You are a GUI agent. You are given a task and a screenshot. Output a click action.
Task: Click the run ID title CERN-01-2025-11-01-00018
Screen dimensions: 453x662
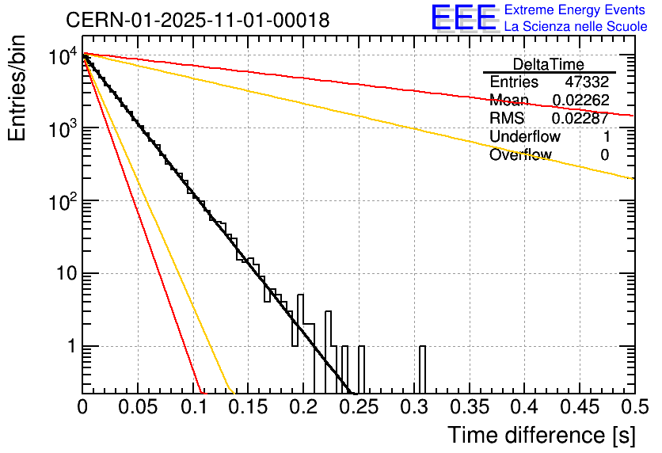(198, 21)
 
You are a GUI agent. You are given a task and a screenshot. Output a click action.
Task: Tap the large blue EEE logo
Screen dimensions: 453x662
(463, 18)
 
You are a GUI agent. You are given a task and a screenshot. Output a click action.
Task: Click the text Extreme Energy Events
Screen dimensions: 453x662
(575, 10)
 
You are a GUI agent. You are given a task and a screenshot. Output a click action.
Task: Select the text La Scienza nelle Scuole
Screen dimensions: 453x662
(575, 26)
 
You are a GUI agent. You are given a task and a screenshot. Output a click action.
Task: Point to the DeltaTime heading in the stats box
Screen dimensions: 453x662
(549, 64)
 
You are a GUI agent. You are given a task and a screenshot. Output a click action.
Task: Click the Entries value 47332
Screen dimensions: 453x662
(587, 82)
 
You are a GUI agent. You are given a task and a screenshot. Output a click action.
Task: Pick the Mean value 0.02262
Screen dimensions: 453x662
(580, 101)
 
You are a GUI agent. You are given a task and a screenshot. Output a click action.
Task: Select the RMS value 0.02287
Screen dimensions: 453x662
(580, 119)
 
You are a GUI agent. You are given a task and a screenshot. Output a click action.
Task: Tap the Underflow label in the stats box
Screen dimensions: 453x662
(525, 136)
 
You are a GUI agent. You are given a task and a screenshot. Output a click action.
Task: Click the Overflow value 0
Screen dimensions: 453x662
(604, 154)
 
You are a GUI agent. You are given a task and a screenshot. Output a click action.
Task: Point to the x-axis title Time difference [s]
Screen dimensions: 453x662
(538, 435)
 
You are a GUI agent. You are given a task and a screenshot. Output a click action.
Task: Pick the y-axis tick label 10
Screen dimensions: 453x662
(64, 274)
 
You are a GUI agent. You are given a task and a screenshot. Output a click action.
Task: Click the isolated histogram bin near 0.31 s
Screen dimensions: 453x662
(423, 369)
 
